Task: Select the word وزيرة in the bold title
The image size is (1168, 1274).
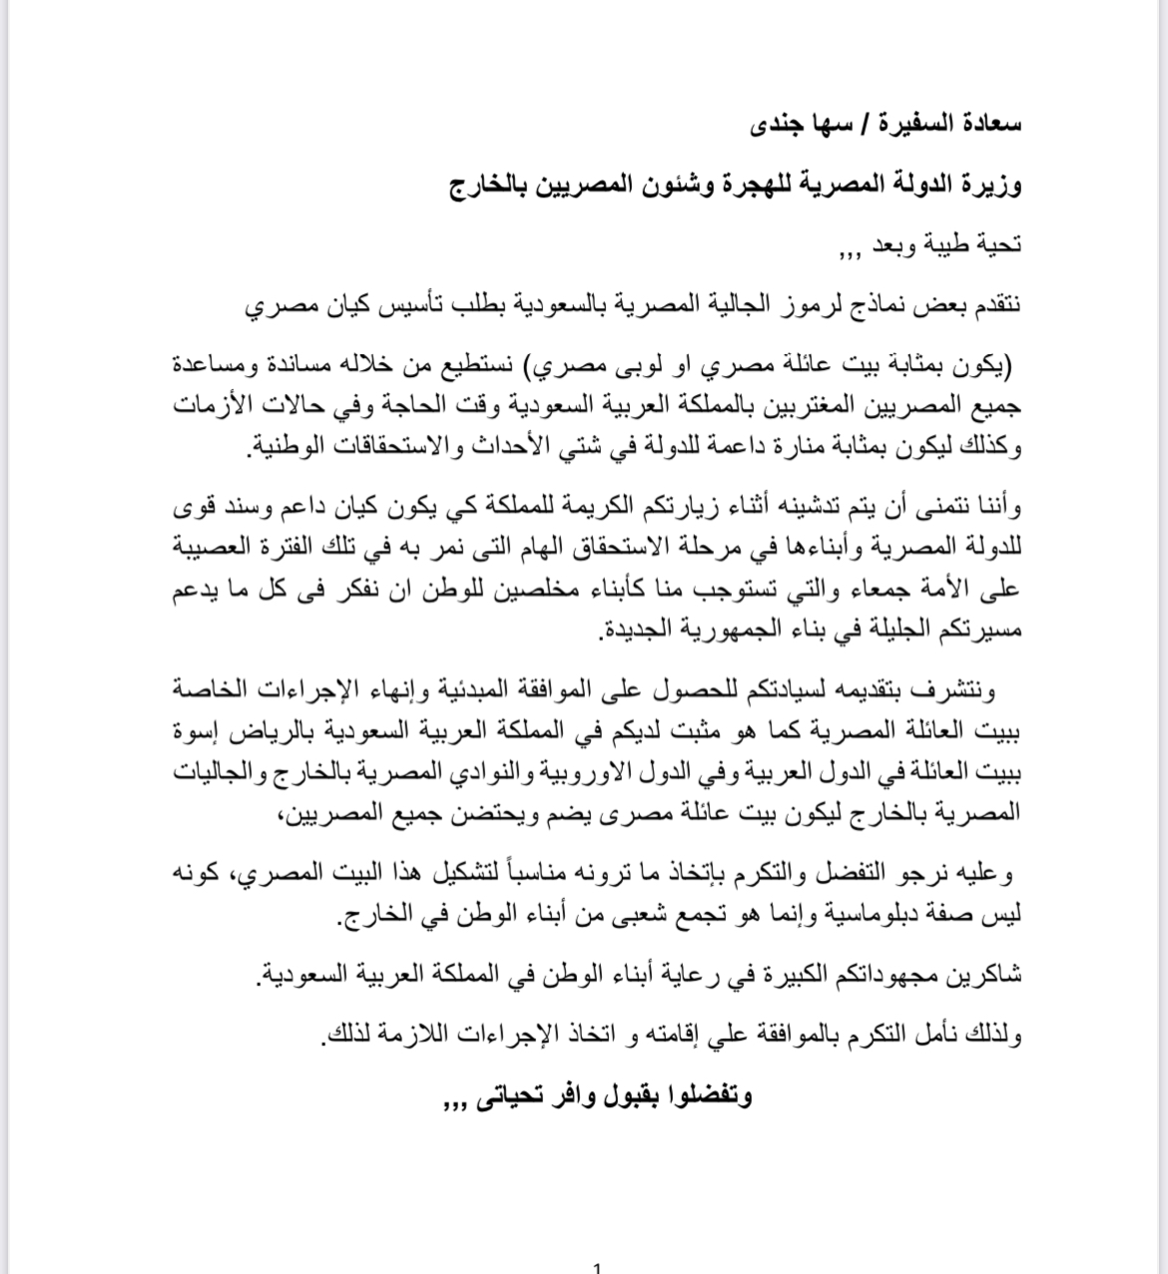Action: [x=991, y=185]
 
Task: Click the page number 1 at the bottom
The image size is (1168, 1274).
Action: [x=597, y=1268]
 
